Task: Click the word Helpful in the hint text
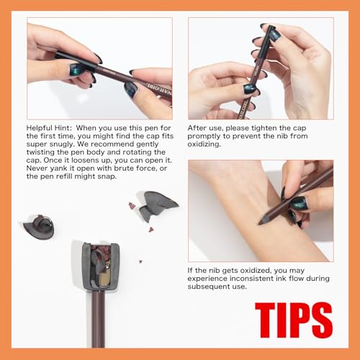click(44, 128)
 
